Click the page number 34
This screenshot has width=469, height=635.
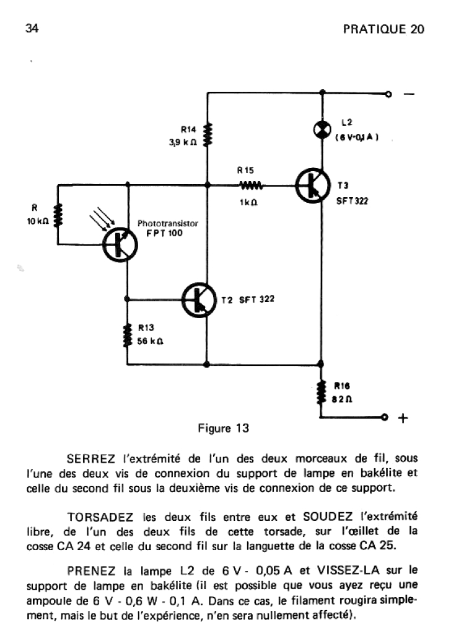click(32, 29)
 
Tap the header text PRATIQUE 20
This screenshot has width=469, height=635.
click(384, 30)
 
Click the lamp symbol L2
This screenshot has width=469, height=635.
click(322, 129)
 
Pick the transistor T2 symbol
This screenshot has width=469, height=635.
click(199, 300)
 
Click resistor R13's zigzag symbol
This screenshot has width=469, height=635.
click(127, 335)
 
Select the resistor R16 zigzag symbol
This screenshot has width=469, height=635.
click(322, 393)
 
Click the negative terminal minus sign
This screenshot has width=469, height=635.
click(410, 94)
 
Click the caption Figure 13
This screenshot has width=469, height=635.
click(224, 429)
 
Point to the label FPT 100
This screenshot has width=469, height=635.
click(160, 234)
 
